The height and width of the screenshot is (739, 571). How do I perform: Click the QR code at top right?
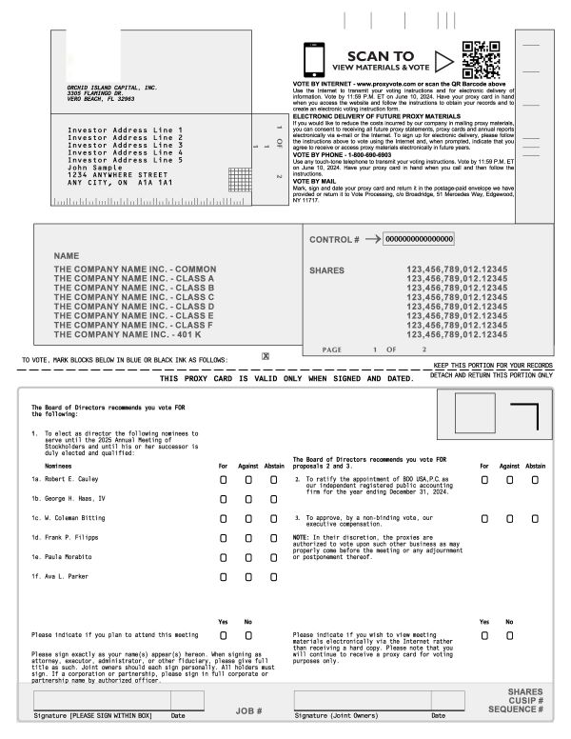click(482, 59)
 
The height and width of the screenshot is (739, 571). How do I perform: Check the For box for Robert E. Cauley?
click(224, 480)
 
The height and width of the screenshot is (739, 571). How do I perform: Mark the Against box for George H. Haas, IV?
click(248, 499)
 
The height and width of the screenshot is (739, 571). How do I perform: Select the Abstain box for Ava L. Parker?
click(272, 576)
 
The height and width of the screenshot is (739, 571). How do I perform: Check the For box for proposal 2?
click(484, 480)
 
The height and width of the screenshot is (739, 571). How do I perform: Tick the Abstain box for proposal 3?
click(535, 519)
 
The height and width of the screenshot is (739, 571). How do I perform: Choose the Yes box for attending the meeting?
click(224, 634)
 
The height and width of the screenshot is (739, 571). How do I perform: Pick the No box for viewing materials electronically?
click(509, 634)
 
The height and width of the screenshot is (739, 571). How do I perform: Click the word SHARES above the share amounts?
click(326, 270)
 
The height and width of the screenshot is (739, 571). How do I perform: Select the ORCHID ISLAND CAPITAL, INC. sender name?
click(105, 87)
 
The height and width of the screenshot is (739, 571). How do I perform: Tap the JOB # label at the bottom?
click(247, 710)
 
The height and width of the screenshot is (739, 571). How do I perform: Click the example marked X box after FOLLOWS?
click(266, 356)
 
